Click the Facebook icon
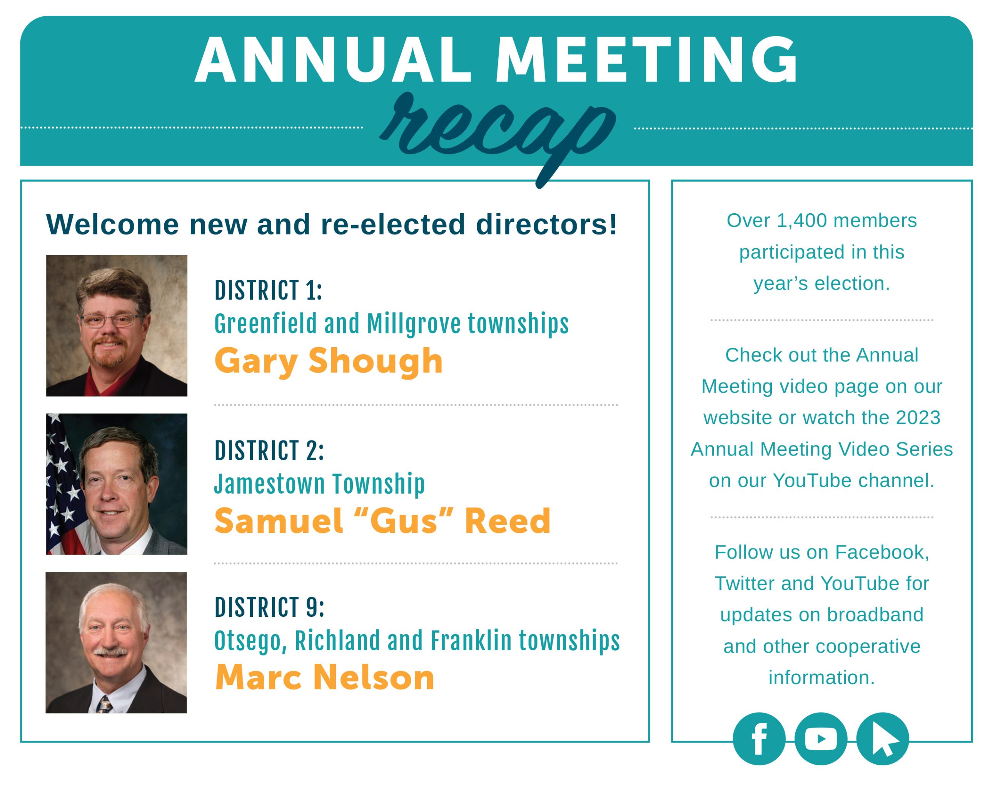(x=759, y=739)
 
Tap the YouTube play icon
(x=821, y=739)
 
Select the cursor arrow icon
(x=882, y=739)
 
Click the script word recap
(x=498, y=137)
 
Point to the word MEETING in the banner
(x=647, y=60)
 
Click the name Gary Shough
(x=329, y=361)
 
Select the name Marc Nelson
(x=324, y=677)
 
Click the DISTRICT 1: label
(x=268, y=290)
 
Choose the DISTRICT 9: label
(x=269, y=607)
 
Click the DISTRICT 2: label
(x=269, y=450)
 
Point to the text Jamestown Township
(x=319, y=484)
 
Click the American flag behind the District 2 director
(x=64, y=484)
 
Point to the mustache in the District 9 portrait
(x=110, y=653)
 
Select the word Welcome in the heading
(x=112, y=224)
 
